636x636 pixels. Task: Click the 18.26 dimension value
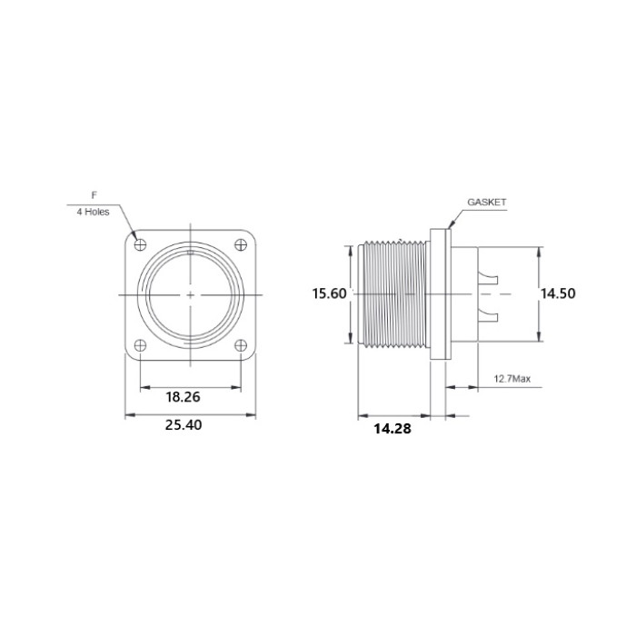pos(183,397)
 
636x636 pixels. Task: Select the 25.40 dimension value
pos(184,424)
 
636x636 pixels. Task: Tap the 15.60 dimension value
pos(329,293)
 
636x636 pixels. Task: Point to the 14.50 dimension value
pos(558,293)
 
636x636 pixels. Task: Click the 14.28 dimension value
pos(393,428)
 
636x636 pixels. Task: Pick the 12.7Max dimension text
pos(512,379)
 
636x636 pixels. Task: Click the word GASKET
pos(487,202)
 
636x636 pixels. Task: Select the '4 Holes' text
pos(94,212)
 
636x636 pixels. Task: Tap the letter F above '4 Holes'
pos(94,195)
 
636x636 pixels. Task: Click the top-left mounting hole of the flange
pos(140,244)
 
